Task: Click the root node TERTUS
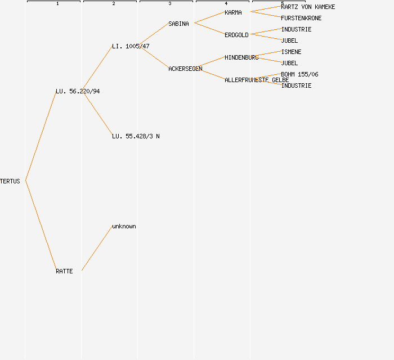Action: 10,181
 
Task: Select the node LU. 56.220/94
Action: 78,91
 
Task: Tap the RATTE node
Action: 64,271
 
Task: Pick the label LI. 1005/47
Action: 131,46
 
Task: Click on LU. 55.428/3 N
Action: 136,136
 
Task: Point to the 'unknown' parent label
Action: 124,226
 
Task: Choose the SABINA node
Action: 178,24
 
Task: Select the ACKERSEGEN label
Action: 185,69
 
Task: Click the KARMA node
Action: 233,12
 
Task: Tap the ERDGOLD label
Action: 236,35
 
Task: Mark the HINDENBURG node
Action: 241,57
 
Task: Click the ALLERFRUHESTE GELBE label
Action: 257,80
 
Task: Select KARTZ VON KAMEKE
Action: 308,7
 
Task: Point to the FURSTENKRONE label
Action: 301,18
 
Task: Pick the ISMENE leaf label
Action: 291,52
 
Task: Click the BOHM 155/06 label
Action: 299,74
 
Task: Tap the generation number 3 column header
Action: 169,4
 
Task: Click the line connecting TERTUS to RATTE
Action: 41,225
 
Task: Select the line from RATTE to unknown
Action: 97,249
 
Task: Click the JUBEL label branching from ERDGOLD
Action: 289,40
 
